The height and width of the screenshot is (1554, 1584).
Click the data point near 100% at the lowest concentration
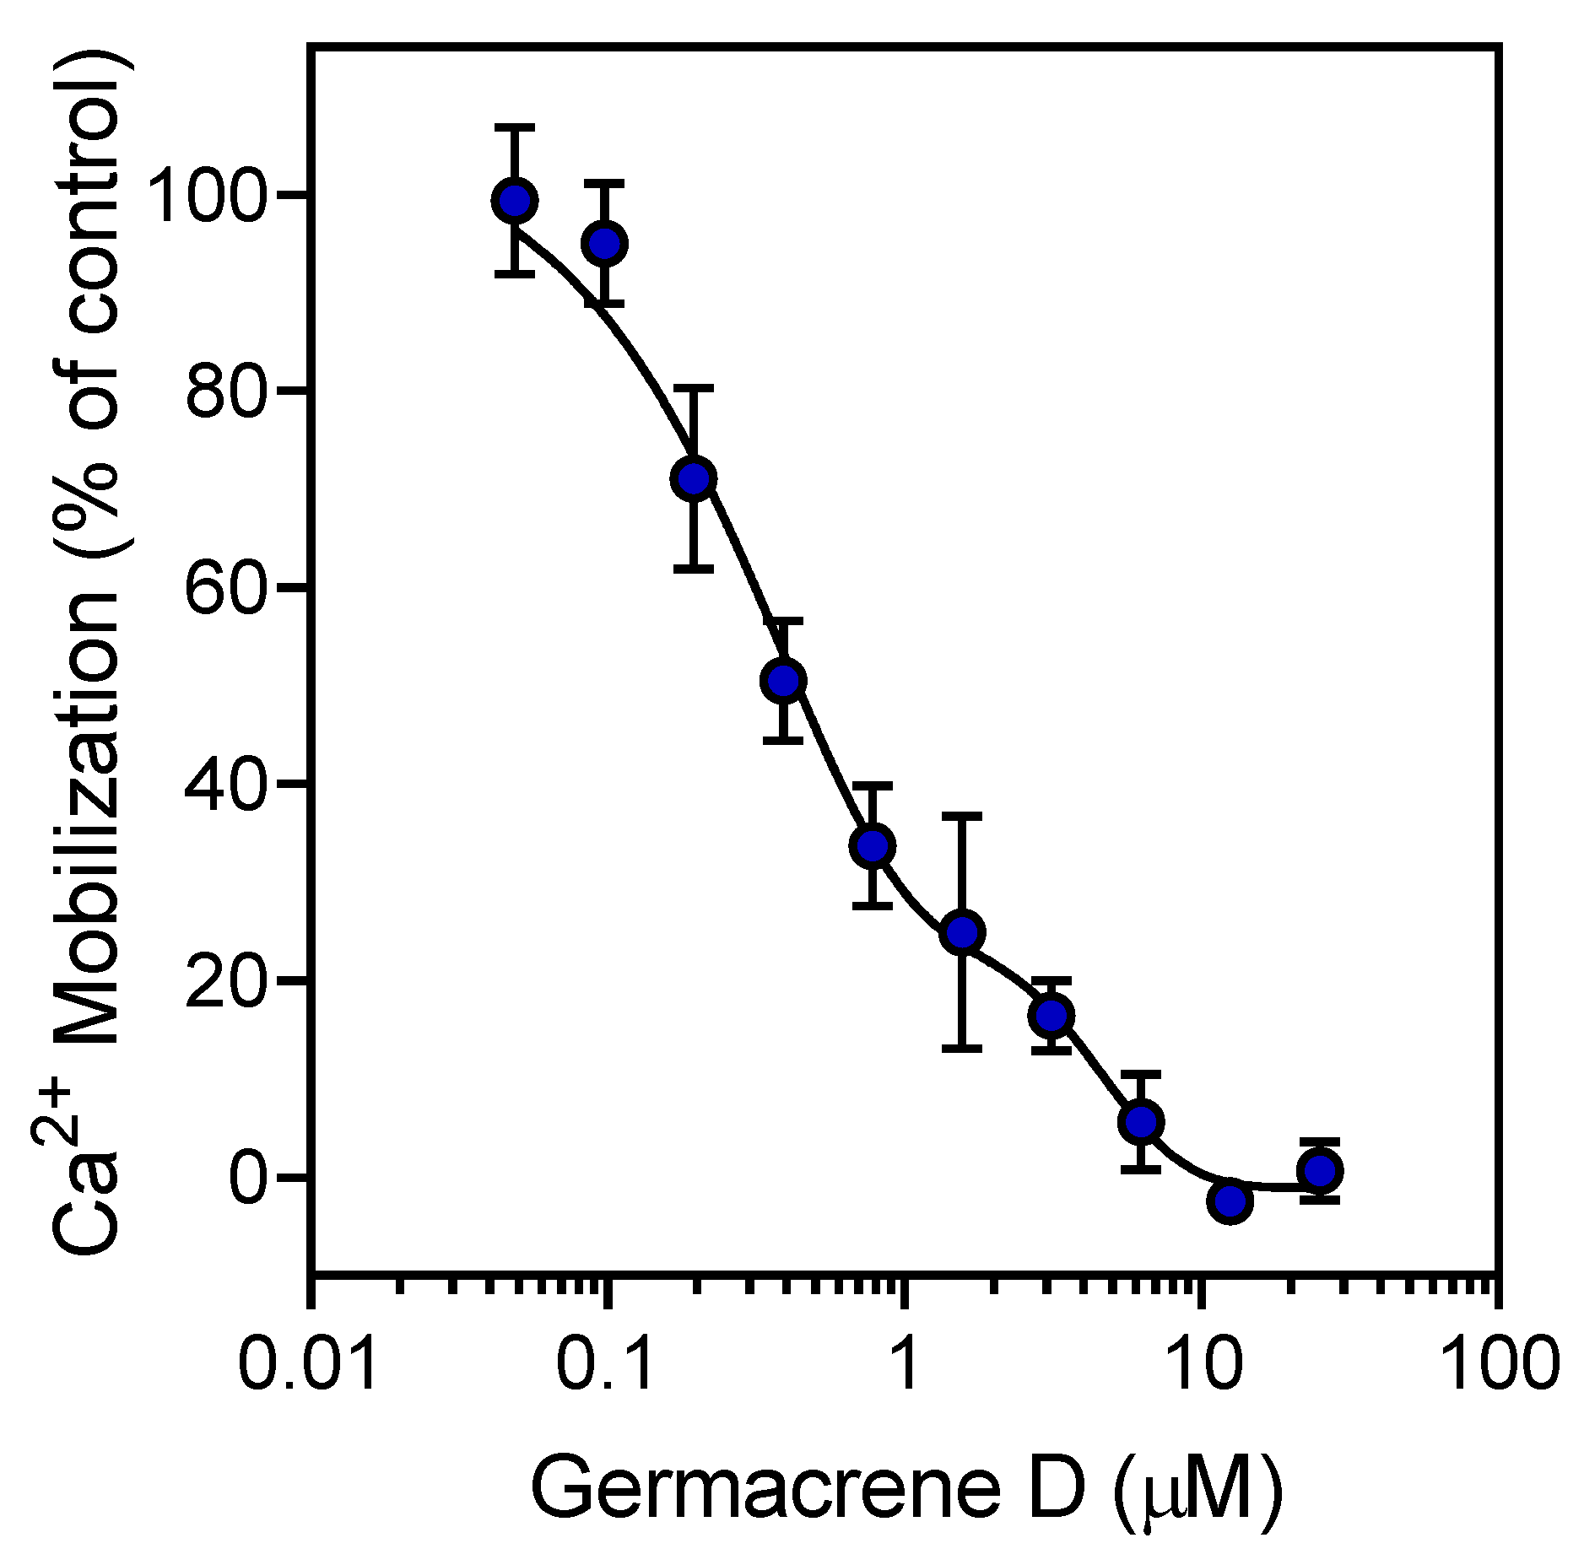(x=514, y=201)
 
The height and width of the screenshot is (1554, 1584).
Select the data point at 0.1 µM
(x=605, y=244)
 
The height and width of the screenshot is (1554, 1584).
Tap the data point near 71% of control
(x=694, y=478)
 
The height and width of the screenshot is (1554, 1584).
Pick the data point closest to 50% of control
(x=783, y=680)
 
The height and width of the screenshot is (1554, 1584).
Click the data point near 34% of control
(x=873, y=845)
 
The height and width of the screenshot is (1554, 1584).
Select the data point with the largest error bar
(x=962, y=932)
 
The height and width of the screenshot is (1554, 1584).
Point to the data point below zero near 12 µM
(x=1230, y=1201)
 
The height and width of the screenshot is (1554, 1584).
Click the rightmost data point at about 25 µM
(x=1320, y=1170)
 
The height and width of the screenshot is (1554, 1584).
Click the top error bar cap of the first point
(x=514, y=127)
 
